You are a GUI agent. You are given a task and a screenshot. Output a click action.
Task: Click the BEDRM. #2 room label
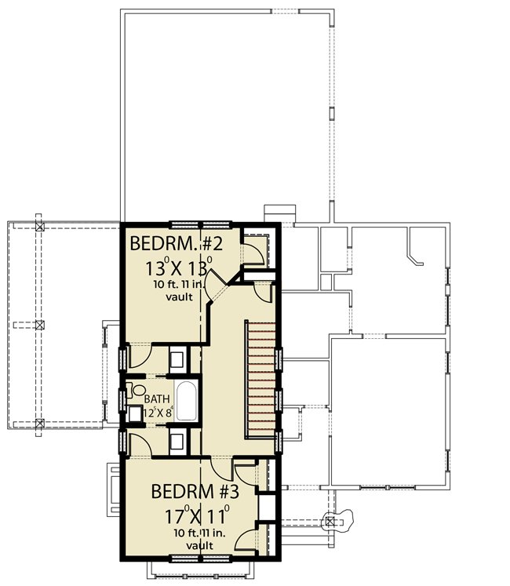point(176,244)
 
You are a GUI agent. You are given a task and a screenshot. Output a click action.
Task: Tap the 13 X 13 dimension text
point(179,268)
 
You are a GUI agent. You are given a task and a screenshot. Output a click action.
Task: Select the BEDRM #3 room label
point(195,491)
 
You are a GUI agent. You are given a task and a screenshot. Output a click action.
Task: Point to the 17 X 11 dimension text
point(197,515)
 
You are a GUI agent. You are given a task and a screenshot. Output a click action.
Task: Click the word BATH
point(157,399)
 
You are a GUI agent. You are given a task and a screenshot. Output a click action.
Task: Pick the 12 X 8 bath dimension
point(158,412)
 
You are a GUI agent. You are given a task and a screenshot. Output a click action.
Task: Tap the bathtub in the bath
point(186,401)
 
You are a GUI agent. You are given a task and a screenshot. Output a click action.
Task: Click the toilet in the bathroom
point(136,391)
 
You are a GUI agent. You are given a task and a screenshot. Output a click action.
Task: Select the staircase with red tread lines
point(260,379)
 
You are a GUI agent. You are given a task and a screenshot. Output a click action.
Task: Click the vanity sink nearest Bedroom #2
point(177,359)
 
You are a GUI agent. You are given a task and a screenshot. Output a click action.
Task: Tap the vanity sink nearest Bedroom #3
point(177,442)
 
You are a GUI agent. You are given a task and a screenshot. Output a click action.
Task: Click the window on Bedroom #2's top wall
point(200,225)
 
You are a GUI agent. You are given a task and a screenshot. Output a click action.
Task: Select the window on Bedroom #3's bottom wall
point(200,559)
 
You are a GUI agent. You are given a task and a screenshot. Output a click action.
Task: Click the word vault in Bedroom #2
point(180,297)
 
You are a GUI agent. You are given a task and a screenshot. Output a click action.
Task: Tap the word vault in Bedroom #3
point(199,546)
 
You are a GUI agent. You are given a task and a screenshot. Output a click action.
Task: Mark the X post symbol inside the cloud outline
point(330,522)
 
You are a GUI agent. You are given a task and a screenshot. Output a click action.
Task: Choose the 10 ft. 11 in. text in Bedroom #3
point(199,533)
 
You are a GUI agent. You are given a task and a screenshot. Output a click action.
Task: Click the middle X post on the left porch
point(40,325)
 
